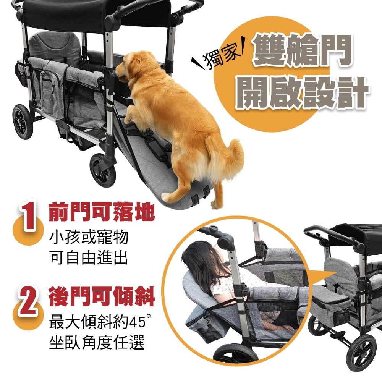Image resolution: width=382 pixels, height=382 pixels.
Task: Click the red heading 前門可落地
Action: tap(102, 212)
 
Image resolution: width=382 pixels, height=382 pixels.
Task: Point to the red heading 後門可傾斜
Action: tap(102, 296)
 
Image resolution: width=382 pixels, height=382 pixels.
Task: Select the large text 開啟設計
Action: tap(302, 93)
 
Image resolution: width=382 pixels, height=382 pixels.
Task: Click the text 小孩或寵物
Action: tap(89, 237)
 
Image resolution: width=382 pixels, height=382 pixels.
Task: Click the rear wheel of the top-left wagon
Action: tap(23, 122)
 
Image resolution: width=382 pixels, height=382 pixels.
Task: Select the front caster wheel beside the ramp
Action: tap(102, 170)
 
